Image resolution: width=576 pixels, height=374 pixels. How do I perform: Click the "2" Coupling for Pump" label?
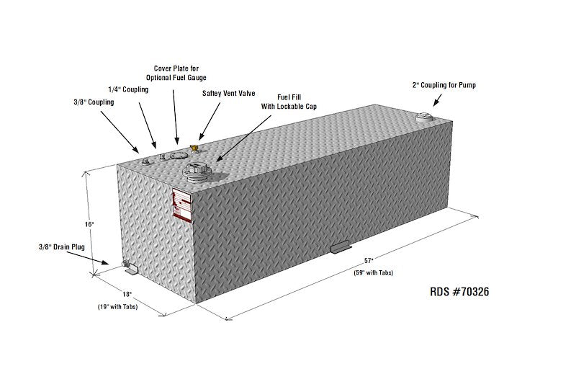point(444,85)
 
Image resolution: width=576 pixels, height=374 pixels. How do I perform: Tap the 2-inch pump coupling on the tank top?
point(424,117)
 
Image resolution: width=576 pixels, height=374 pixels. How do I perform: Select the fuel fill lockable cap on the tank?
point(197,173)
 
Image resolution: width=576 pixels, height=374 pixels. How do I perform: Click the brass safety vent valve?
point(194,148)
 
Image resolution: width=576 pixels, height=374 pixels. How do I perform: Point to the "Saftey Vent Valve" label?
point(228,94)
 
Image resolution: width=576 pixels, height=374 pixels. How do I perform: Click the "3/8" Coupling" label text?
point(94,102)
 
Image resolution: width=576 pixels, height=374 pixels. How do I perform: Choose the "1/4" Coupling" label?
point(128,89)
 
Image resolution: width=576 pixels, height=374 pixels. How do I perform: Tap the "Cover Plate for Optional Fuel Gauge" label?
point(176,73)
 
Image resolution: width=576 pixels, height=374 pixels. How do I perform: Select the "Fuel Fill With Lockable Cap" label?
point(289,102)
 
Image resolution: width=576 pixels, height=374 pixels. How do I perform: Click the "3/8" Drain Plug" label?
point(62,247)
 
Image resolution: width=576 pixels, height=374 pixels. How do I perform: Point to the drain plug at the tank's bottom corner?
point(125,264)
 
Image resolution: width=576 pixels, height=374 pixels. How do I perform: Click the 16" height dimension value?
point(90,224)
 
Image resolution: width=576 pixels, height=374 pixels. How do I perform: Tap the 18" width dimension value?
point(127,294)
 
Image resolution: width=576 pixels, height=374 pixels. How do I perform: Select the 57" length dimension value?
point(369,261)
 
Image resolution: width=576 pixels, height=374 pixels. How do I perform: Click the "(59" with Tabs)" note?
point(373,273)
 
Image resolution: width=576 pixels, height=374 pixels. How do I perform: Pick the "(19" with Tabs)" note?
point(117,307)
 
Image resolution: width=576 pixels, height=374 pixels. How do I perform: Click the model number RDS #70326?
point(459,292)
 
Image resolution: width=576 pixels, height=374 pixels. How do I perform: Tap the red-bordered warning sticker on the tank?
point(182,205)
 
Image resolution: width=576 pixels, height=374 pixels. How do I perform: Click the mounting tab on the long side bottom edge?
point(339,246)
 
